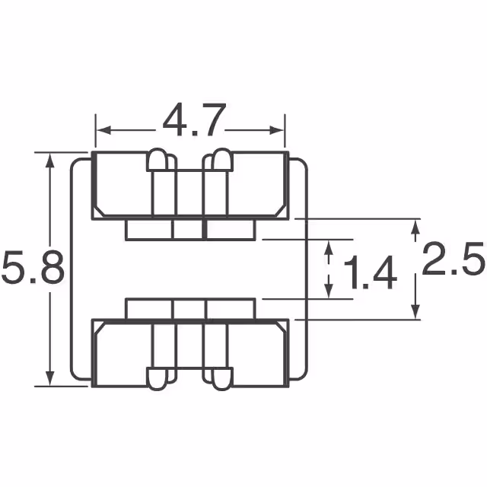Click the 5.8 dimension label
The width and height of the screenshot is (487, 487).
[31, 270]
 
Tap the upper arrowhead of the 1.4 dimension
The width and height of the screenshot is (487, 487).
[329, 247]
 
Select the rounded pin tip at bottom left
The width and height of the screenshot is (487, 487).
[158, 380]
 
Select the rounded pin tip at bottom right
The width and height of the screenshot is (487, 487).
[221, 380]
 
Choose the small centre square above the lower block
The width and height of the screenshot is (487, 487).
[189, 309]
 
